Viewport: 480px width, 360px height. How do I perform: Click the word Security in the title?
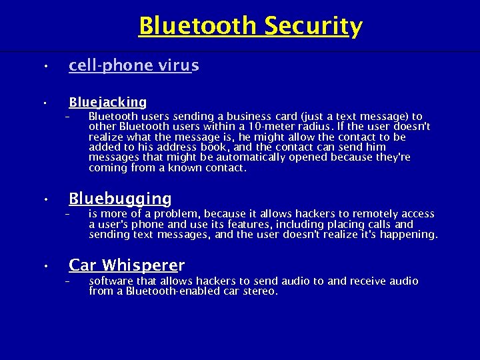pos(313,27)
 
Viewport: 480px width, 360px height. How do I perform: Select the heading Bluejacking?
pos(107,102)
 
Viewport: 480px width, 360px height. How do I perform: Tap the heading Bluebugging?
pos(120,199)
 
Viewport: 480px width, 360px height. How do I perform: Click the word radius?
pos(309,127)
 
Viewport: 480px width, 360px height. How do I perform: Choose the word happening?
pos(412,235)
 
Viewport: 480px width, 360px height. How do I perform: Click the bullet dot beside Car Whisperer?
pos(42,267)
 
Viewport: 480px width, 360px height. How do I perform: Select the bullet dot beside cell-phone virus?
pos(42,67)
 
